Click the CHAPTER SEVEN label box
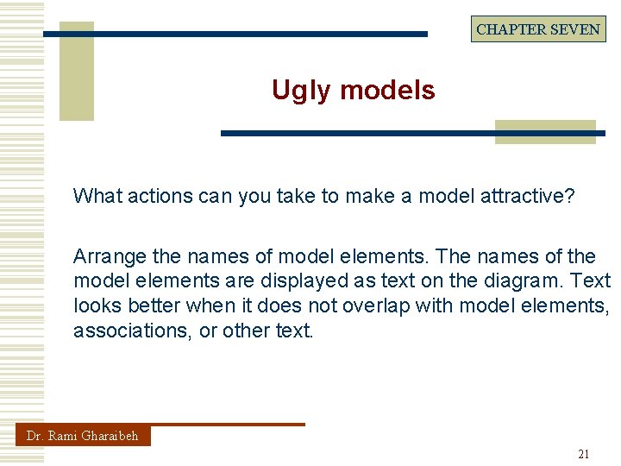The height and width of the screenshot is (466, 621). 538,29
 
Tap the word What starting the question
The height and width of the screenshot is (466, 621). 97,196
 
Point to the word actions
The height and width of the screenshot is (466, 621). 160,196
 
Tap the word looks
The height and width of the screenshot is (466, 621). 96,305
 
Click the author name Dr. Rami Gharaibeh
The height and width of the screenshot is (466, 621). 82,436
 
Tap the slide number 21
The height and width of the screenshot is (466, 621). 584,454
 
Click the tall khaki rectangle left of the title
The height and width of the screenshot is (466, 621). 76,72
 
